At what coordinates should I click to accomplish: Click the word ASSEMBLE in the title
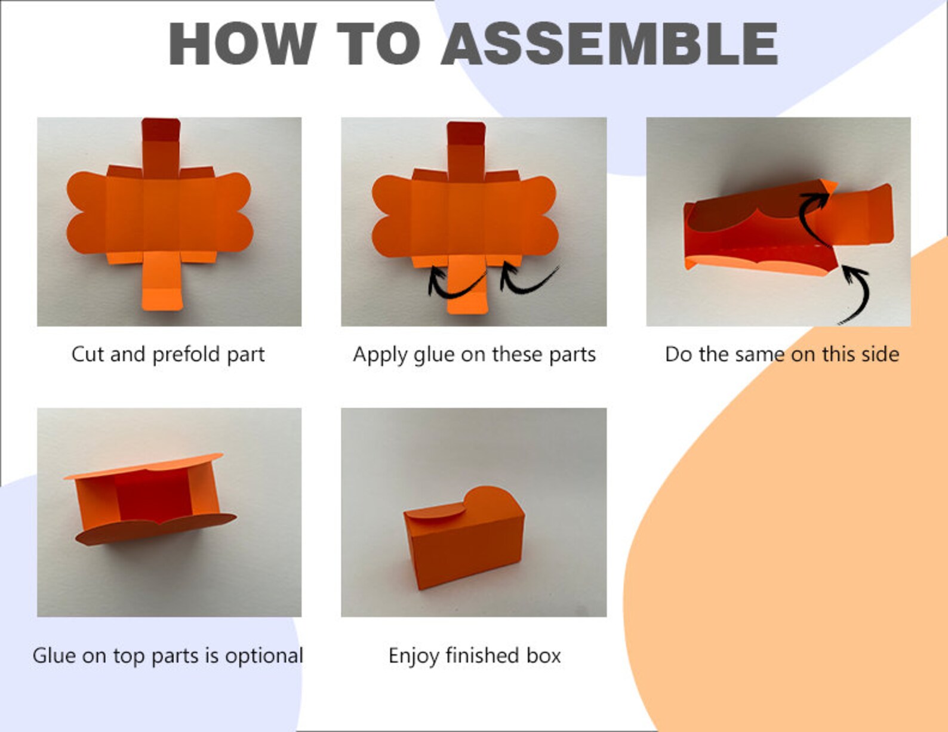610,44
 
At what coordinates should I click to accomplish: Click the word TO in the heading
378,44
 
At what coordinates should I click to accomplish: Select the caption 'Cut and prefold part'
168,354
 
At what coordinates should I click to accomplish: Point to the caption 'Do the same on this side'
782,354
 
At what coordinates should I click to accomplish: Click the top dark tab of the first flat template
161,129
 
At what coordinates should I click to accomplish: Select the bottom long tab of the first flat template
162,281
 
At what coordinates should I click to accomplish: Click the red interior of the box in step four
153,495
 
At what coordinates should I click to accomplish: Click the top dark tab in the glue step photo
466,133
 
